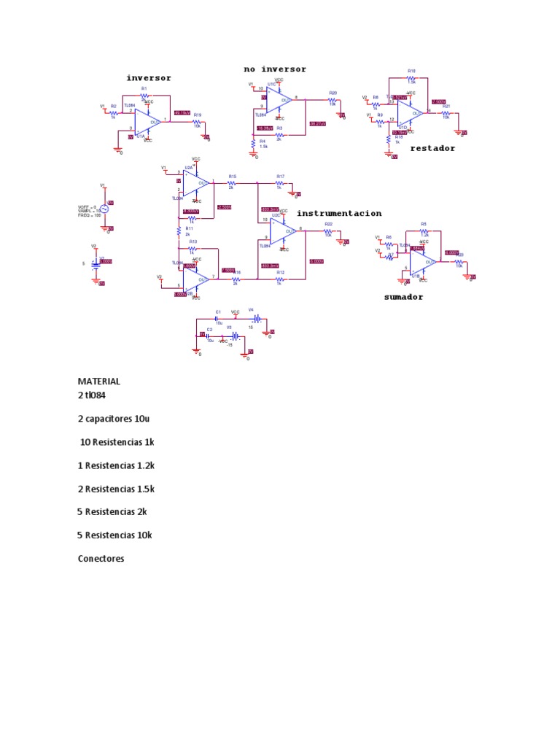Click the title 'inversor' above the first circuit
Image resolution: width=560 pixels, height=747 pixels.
tap(149, 78)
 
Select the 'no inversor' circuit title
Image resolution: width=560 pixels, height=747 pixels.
tap(275, 69)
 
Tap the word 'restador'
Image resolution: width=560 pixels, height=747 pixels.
tap(432, 148)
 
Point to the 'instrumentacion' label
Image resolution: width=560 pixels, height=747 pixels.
tap(338, 213)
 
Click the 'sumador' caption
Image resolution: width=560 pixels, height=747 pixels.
tap(403, 297)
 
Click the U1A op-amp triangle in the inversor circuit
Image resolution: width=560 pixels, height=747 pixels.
tap(148, 121)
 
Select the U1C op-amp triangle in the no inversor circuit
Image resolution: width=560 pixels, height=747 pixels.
tap(279, 101)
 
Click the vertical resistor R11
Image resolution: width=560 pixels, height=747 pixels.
tap(179, 231)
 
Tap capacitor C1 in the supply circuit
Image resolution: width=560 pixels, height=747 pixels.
tap(217, 320)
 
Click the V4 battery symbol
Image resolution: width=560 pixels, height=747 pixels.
tap(256, 320)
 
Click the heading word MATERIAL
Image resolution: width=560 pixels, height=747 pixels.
tap(99, 381)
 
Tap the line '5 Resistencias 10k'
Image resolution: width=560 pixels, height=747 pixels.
tap(114, 535)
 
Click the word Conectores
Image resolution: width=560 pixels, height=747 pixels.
tap(101, 558)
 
